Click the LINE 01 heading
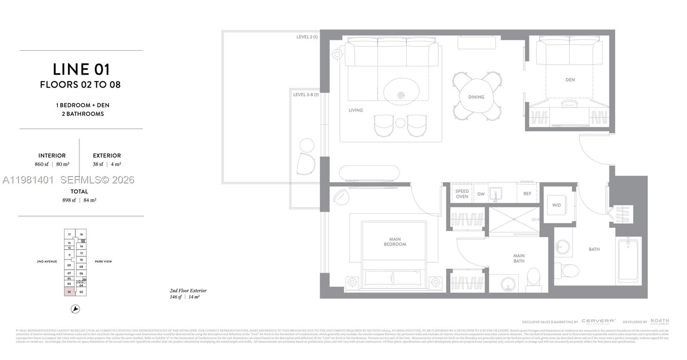81,70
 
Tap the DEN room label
570,80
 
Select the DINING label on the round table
476,97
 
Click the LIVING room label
356,110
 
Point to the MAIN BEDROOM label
395,242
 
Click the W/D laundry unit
557,205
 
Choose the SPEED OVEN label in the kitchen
462,194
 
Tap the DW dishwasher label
481,194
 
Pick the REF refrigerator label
527,194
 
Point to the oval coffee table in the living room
401,92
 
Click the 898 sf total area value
69,200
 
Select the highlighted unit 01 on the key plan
69,292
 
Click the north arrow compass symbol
75,309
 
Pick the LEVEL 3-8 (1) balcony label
306,95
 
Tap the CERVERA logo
598,321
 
